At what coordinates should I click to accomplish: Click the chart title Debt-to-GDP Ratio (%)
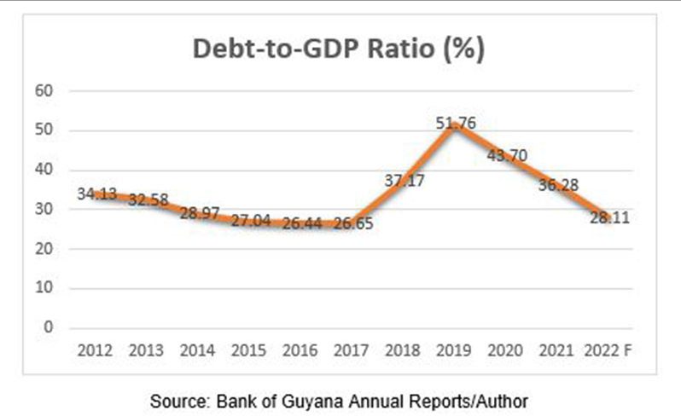pyautogui.click(x=339, y=49)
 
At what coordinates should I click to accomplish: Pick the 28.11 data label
pyautogui.click(x=608, y=218)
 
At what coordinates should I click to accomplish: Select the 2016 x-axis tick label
pyautogui.click(x=300, y=350)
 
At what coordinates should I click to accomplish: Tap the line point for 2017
pyautogui.click(x=352, y=223)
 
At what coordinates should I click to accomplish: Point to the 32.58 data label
pyautogui.click(x=148, y=199)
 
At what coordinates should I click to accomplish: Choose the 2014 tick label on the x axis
pyautogui.click(x=197, y=350)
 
